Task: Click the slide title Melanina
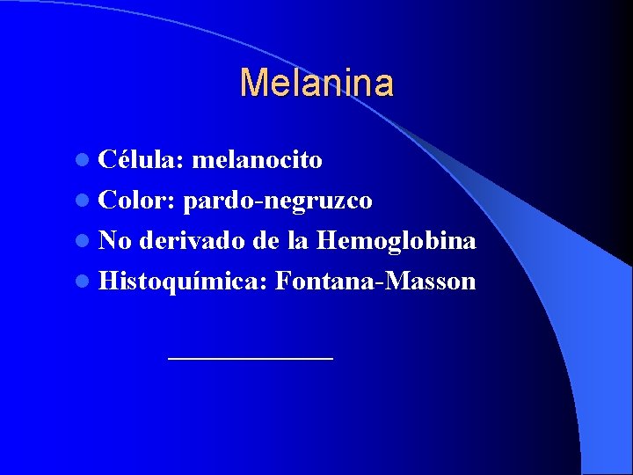(316, 83)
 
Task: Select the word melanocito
(257, 160)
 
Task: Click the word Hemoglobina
(397, 241)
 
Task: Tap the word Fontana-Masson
(375, 281)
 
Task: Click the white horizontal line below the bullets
(251, 358)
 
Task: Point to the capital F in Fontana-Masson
(283, 281)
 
